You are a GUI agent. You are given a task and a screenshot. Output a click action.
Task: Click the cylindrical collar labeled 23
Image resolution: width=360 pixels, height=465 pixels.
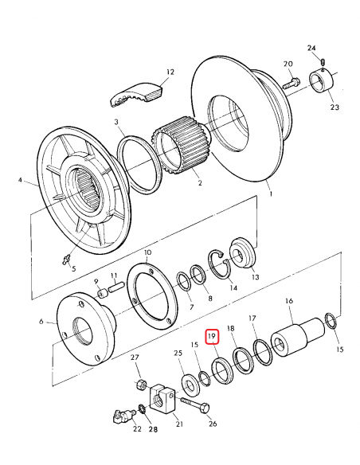coord(323,83)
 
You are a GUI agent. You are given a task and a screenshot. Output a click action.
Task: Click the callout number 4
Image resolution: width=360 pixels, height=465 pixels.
coord(22,181)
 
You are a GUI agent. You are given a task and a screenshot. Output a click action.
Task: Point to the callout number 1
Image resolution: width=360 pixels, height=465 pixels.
coord(270,193)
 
